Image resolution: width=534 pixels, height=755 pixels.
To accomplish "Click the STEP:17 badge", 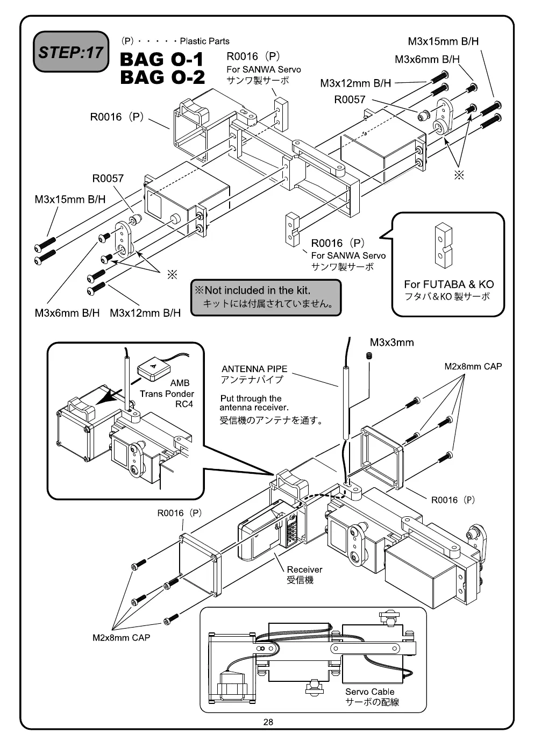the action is (x=71, y=52).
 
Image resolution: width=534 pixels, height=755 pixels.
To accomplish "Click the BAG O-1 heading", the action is (x=162, y=59).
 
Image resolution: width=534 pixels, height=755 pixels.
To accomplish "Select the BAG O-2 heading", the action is (x=162, y=77).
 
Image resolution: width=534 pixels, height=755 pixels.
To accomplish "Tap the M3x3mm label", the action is (x=391, y=343).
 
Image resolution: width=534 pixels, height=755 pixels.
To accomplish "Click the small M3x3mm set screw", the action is (x=369, y=355).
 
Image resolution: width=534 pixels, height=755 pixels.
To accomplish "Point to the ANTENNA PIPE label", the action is (x=254, y=369).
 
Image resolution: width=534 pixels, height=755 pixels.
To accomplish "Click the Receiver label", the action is (x=304, y=569).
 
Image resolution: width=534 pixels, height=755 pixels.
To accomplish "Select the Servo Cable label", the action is (x=369, y=692).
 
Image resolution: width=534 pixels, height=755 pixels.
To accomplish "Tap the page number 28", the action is (x=268, y=722).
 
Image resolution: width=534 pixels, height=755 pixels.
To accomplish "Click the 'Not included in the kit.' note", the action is (x=257, y=290).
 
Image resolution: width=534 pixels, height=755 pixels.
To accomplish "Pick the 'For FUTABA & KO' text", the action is (x=448, y=284).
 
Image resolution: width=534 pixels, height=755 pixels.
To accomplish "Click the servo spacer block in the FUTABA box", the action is (x=443, y=245).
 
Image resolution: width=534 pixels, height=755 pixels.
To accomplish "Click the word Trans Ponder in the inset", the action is (x=167, y=394).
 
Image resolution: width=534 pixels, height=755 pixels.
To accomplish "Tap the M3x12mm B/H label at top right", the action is (x=355, y=83).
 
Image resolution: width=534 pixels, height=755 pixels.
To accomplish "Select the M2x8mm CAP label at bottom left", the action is (x=121, y=637).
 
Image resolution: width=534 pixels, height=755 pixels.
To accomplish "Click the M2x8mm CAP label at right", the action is (x=473, y=366).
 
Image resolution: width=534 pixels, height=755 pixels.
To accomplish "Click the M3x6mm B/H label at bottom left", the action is (x=67, y=313).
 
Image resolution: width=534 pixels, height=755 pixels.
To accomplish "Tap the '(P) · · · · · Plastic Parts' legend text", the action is (x=175, y=41).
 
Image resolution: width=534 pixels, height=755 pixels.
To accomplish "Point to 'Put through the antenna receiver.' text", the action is (x=254, y=403).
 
